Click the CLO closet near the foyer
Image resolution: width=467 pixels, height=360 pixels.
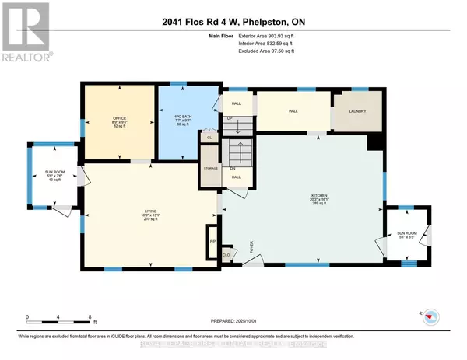(x=226, y=253)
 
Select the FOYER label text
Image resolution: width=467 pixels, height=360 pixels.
(x=252, y=248)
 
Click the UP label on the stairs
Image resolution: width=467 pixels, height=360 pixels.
(x=230, y=119)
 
